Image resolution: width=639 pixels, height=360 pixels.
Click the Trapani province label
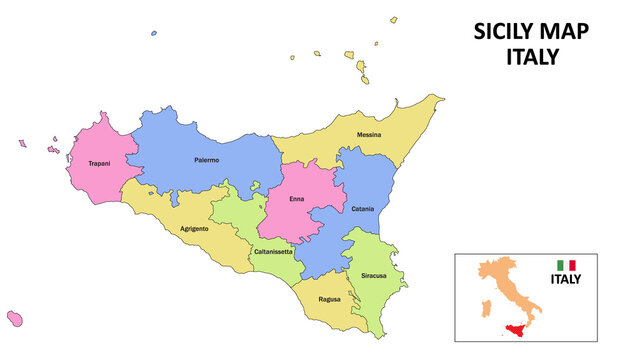point(99,163)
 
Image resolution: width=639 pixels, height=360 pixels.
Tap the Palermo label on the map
point(206,160)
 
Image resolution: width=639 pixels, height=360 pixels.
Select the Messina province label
point(369,134)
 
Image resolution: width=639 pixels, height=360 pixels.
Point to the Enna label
point(297,199)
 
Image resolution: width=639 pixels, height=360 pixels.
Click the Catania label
point(362,209)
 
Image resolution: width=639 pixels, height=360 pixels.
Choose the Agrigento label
point(194,229)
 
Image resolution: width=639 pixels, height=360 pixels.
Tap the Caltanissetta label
point(273,251)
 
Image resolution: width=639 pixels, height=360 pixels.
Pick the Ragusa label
point(330,299)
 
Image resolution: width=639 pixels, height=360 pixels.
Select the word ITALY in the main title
point(531,57)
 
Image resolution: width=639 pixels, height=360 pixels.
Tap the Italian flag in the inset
point(566,265)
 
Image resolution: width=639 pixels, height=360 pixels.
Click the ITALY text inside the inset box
point(566,279)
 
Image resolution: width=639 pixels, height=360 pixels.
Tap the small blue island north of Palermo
point(153,33)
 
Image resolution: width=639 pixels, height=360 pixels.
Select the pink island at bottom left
point(15,317)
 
